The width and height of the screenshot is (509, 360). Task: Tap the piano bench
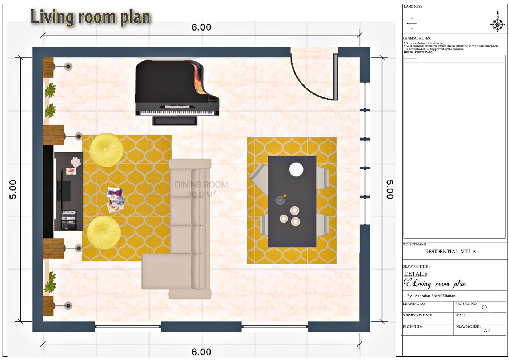[175, 121]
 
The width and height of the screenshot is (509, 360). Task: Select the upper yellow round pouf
[106, 150]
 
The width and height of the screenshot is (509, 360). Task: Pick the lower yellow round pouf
[104, 233]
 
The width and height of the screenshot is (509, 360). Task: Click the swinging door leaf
[336, 77]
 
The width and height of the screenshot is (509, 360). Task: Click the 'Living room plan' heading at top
[90, 17]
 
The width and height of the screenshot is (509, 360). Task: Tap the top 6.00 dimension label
[201, 28]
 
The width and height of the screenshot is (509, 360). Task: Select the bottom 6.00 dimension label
[201, 352]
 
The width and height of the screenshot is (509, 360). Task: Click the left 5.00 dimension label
[13, 189]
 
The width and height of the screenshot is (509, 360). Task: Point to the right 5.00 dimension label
[390, 189]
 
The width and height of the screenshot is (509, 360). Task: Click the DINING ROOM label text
[201, 185]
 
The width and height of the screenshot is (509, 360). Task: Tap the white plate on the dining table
[296, 170]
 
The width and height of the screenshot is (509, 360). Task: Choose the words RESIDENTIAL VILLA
[450, 252]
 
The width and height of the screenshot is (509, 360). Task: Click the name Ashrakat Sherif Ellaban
[435, 296]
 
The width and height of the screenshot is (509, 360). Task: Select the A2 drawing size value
[487, 331]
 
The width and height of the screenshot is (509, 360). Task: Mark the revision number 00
[484, 308]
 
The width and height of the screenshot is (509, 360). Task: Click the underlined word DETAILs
[416, 274]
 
